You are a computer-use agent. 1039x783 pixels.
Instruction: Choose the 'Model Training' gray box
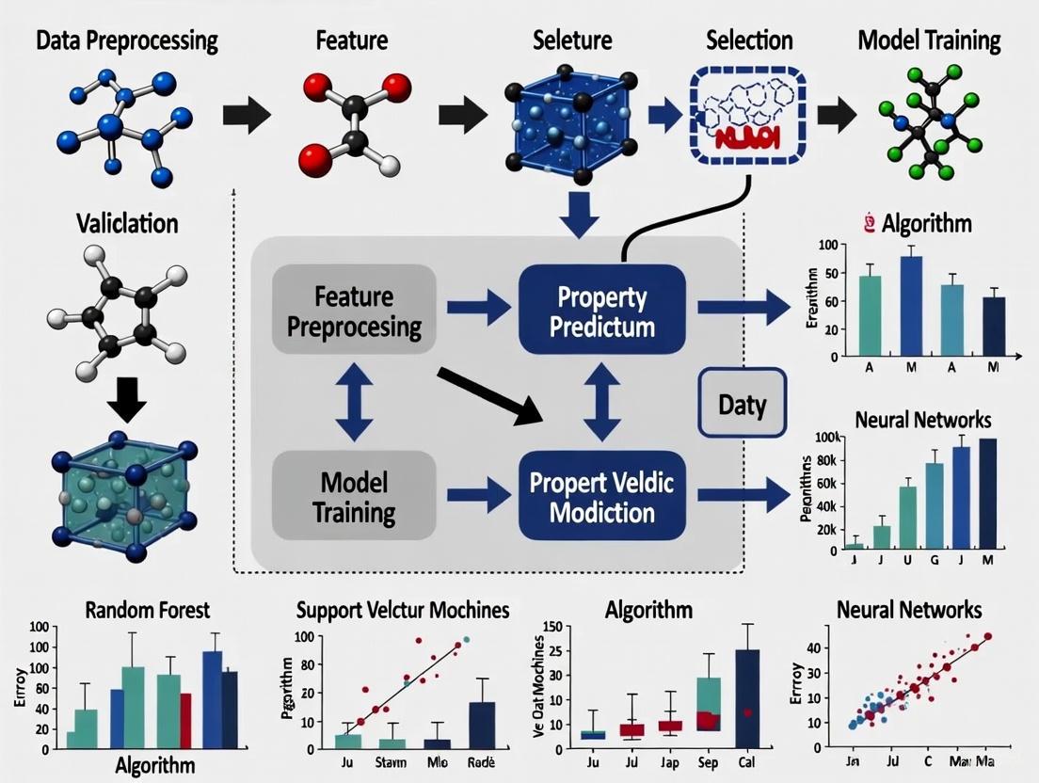(x=354, y=497)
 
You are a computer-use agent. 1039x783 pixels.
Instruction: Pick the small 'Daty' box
(x=742, y=405)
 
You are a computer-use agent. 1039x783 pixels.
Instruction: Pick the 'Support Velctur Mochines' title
(x=403, y=610)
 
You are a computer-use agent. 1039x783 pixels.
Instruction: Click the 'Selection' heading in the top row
(x=748, y=41)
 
